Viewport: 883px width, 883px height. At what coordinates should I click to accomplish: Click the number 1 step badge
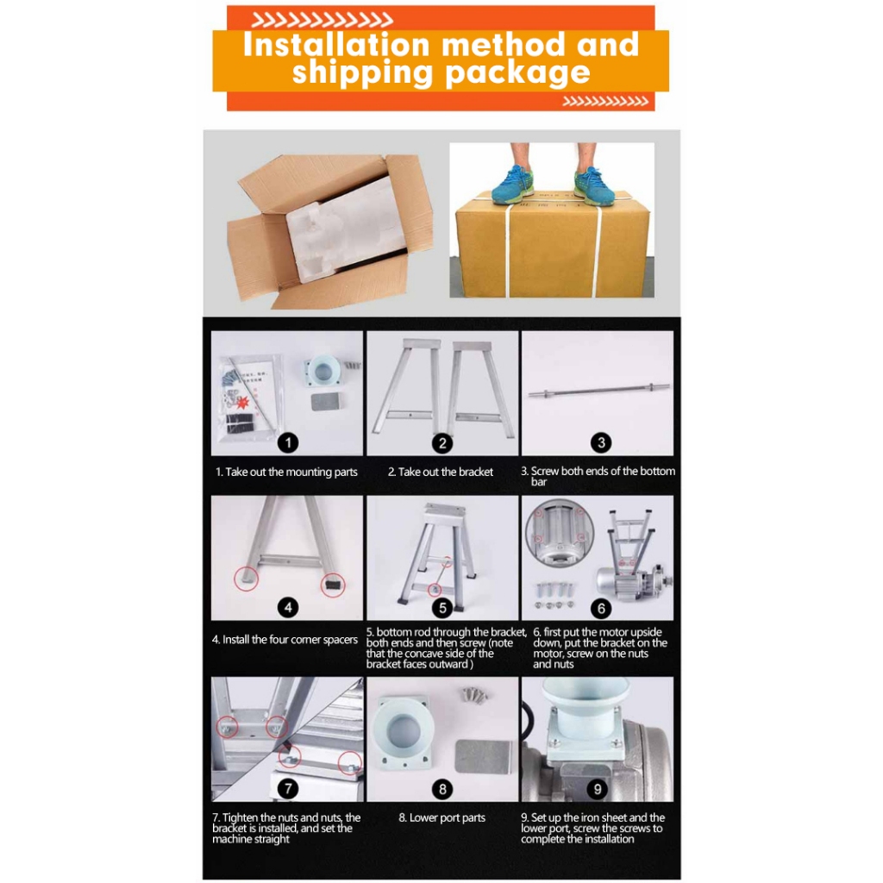click(288, 442)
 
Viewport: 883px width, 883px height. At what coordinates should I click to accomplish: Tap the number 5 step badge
click(442, 608)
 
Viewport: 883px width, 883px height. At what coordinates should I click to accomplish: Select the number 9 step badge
click(598, 789)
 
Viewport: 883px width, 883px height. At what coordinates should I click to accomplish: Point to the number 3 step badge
click(601, 442)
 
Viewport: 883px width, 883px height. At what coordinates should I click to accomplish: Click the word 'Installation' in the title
click(336, 45)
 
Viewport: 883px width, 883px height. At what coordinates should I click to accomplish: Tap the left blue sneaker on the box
click(512, 186)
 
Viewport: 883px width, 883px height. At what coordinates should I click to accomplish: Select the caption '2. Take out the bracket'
click(441, 472)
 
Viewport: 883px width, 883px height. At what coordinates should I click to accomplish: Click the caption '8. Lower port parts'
click(442, 817)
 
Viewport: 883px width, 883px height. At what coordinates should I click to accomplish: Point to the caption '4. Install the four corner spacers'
click(285, 640)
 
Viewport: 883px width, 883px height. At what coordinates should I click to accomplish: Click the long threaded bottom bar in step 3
click(598, 390)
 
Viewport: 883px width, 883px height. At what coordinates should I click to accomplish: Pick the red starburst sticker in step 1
click(243, 404)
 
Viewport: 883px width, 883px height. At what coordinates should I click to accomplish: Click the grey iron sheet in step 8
click(483, 764)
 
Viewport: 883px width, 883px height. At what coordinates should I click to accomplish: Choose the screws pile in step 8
click(475, 695)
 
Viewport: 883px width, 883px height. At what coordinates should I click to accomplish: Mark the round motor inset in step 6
click(559, 532)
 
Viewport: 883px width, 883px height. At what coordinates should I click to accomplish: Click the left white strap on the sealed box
click(507, 247)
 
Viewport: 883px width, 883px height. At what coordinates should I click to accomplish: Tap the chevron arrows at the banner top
click(322, 21)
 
